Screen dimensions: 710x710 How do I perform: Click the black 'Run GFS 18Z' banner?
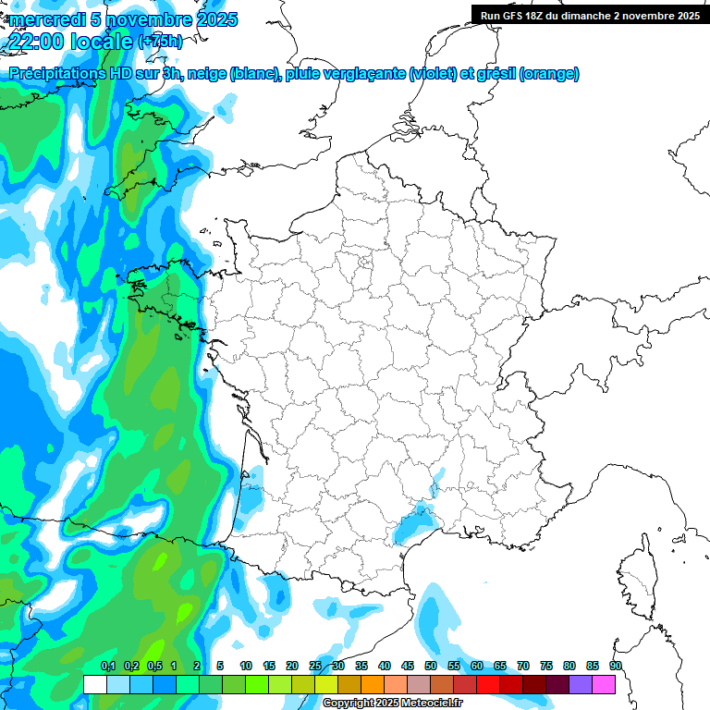tap(590, 15)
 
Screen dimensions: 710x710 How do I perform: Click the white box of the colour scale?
tap(94, 684)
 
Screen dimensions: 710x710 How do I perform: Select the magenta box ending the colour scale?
tap(604, 684)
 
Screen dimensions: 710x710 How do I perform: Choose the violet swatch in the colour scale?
tap(581, 684)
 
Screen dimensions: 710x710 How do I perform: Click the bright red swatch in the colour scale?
tap(488, 684)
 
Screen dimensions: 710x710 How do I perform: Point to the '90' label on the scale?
tap(616, 667)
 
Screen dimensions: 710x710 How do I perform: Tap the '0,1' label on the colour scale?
tap(107, 667)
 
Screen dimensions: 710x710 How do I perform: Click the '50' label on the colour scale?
tap(431, 667)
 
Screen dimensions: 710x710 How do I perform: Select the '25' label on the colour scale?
tap(315, 667)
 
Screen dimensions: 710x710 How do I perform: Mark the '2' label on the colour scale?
tap(197, 667)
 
